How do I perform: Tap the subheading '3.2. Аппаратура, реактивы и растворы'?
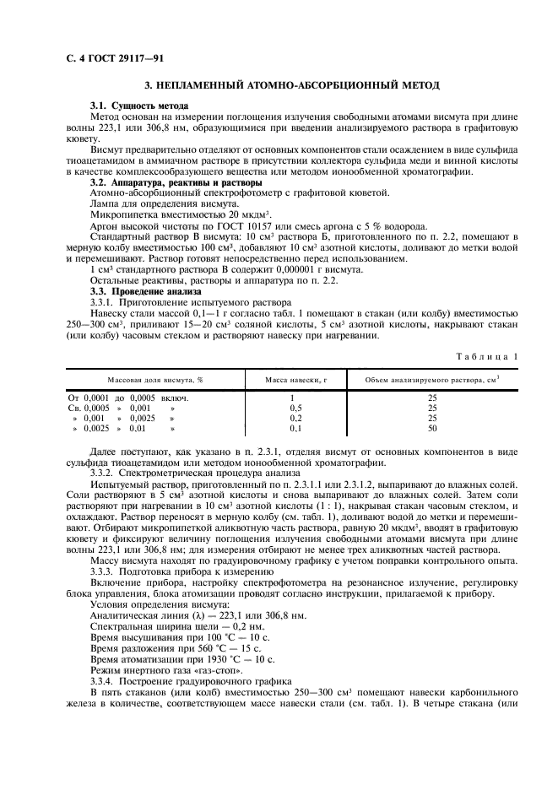click(x=176, y=182)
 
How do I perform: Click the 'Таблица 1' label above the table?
click(x=487, y=357)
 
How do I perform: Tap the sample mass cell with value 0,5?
click(x=293, y=407)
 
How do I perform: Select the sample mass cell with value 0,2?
click(x=293, y=418)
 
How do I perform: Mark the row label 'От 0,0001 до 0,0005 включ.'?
click(x=127, y=397)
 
